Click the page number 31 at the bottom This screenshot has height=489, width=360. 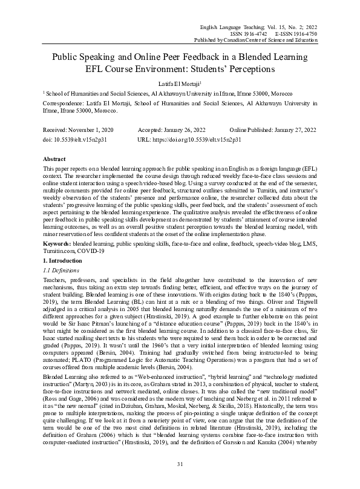click(180, 464)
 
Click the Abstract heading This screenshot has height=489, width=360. click(55, 157)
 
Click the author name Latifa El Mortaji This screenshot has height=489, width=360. click(178, 83)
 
